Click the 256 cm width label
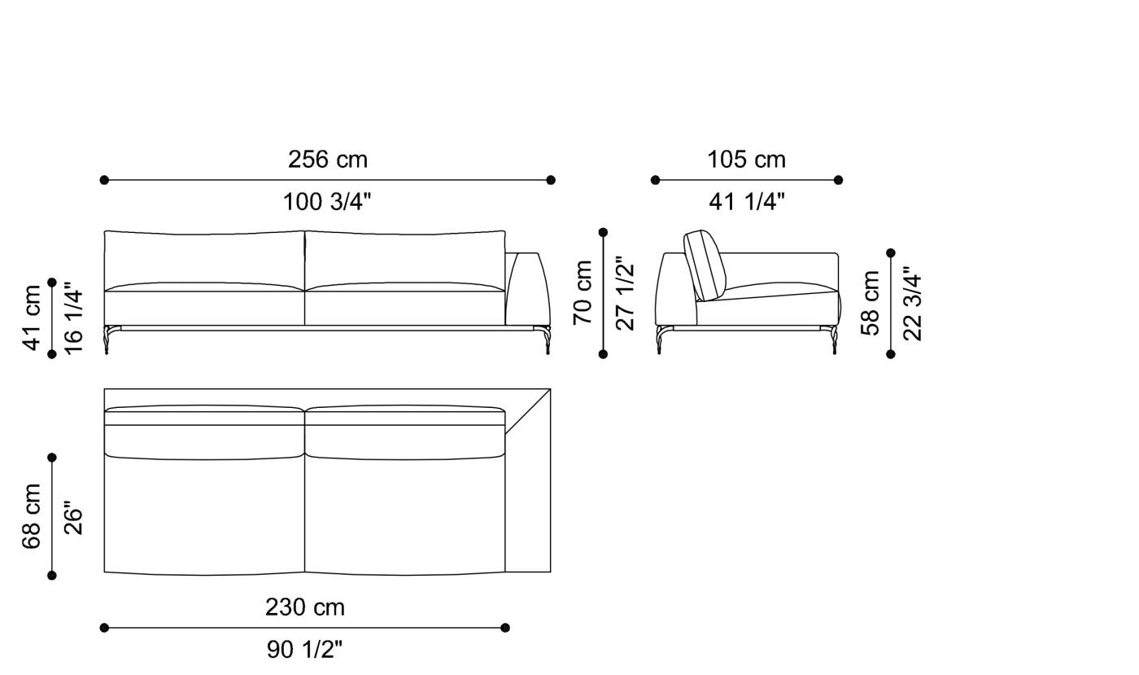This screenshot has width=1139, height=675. click(x=327, y=160)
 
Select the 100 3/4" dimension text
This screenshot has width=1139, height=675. click(x=327, y=202)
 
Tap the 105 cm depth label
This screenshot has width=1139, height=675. click(x=746, y=160)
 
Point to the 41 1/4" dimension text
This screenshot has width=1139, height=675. click(x=746, y=202)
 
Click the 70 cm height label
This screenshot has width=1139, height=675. click(x=583, y=293)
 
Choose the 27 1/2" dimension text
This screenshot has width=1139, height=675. click(x=625, y=293)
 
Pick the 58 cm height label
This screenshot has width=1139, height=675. click(x=871, y=303)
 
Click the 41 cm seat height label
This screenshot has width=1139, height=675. click(x=32, y=318)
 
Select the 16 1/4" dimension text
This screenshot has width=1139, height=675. click(x=73, y=318)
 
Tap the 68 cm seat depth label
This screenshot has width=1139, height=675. click(x=32, y=516)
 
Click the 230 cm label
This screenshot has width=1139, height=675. click(x=305, y=607)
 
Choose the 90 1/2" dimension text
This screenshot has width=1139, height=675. click(x=305, y=650)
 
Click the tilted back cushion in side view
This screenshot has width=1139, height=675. click(x=704, y=265)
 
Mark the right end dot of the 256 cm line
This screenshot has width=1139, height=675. click(x=551, y=180)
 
